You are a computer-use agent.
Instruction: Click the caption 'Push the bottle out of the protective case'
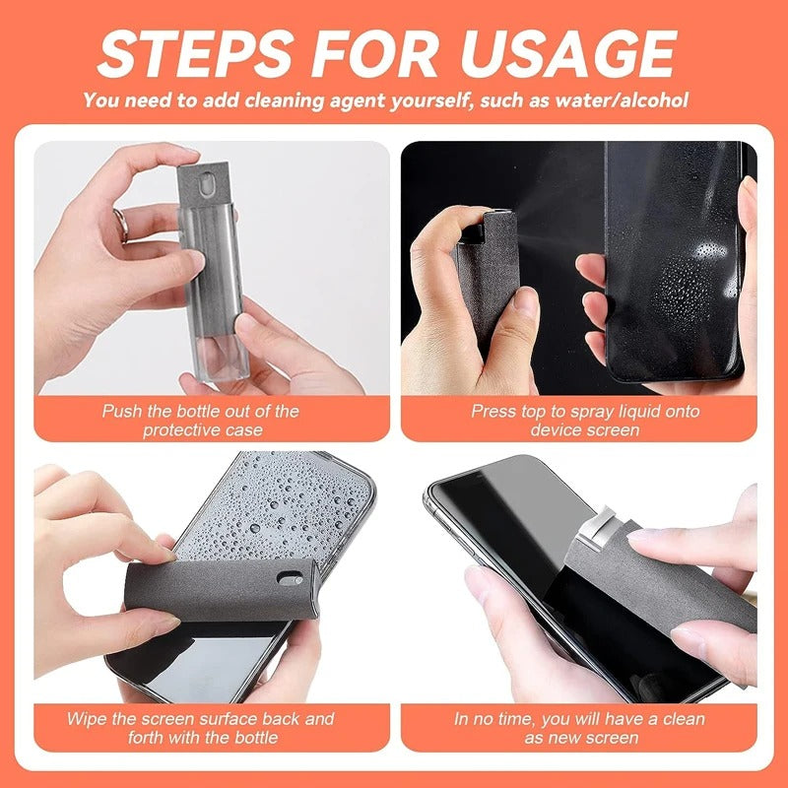click(200, 420)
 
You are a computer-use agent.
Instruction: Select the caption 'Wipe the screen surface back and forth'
click(200, 727)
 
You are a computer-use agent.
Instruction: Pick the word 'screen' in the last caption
click(611, 737)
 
